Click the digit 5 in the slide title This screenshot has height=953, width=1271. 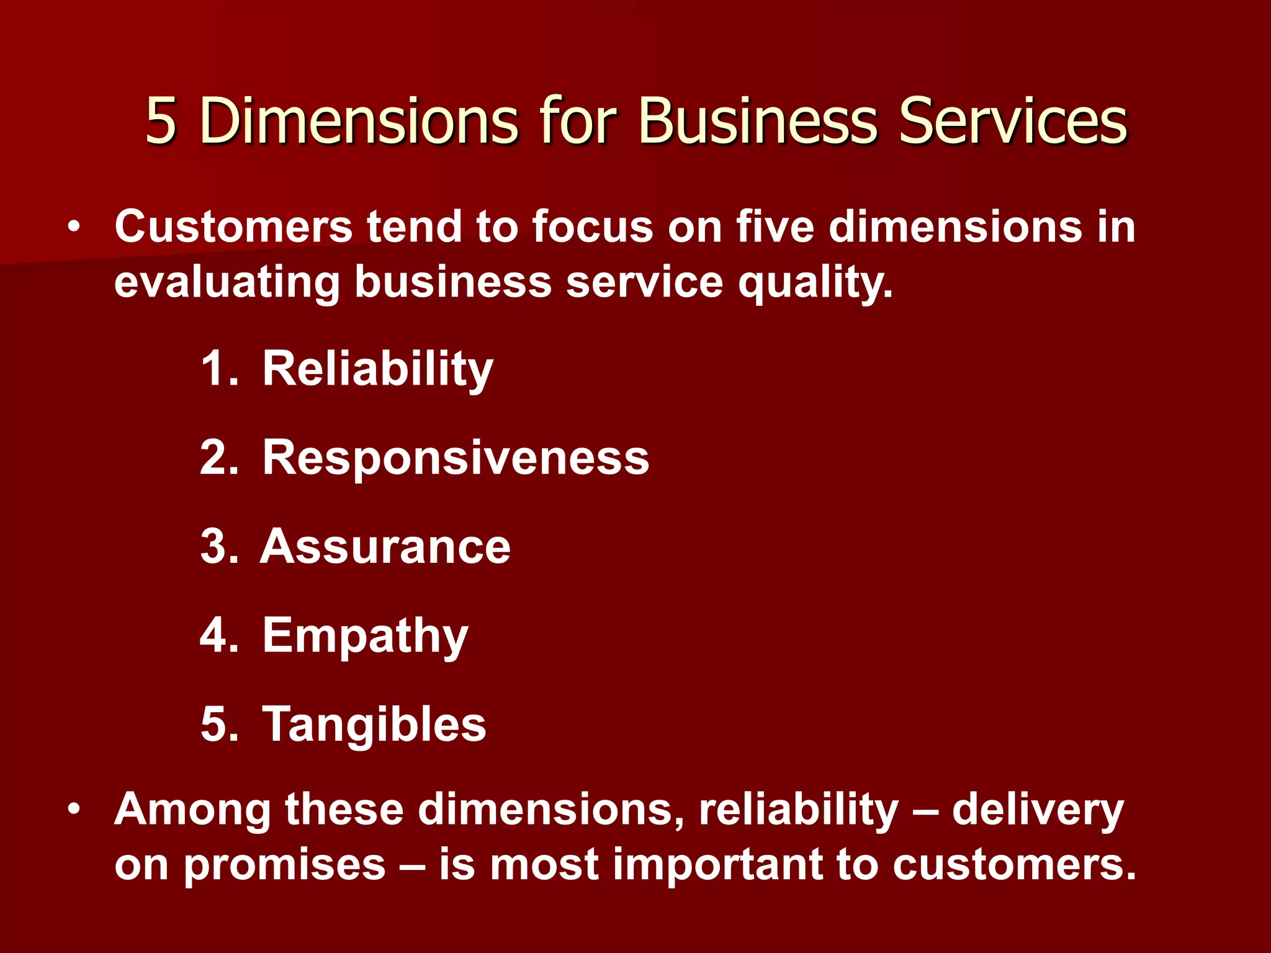161,121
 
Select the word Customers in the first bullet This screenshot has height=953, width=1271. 233,226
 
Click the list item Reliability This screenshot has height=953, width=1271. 377,369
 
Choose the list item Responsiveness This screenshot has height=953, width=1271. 456,458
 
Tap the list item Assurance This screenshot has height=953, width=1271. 385,547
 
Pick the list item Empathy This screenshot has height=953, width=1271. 365,637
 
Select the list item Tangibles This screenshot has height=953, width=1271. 374,724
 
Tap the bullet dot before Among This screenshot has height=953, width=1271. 74,809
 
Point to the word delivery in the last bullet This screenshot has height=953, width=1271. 1038,810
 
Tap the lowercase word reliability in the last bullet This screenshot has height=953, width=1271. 799,810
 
